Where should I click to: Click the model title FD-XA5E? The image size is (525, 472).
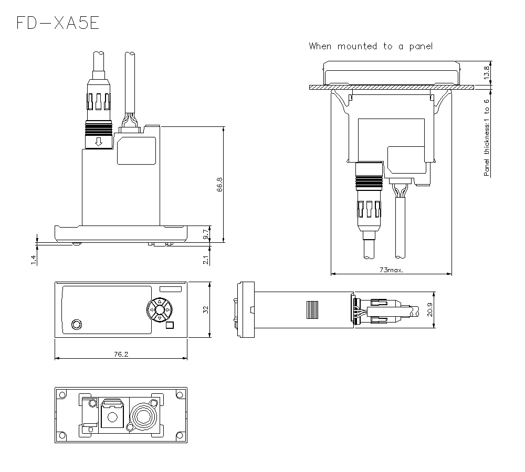[x=57, y=23]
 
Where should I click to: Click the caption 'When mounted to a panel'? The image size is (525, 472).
[x=371, y=46]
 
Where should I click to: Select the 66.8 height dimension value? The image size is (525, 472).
[x=219, y=185]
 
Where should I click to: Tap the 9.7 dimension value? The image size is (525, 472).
[x=206, y=234]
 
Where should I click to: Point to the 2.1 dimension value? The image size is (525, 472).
[x=206, y=259]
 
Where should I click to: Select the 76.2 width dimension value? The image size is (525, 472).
[x=120, y=354]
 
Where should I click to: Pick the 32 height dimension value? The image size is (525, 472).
[x=206, y=309]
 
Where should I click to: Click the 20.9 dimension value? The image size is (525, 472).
[x=430, y=310]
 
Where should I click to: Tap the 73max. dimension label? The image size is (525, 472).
[x=391, y=270]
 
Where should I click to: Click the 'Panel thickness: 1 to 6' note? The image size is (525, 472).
[x=487, y=137]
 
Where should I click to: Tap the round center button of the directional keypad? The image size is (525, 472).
[x=159, y=310]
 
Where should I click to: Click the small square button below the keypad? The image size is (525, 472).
[x=169, y=325]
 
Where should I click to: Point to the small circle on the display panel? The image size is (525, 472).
[x=77, y=323]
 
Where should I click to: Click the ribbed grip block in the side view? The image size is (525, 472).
[x=312, y=310]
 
